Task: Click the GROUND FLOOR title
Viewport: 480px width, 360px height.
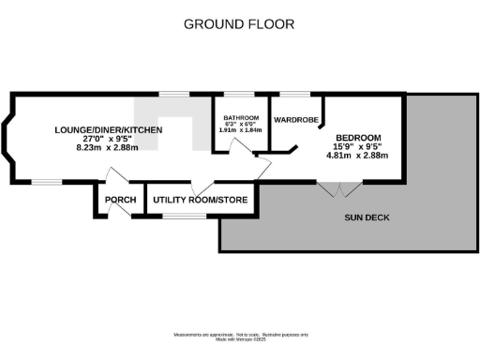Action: pyautogui.click(x=239, y=23)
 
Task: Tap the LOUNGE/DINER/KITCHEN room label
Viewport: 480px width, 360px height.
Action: pyautogui.click(x=109, y=129)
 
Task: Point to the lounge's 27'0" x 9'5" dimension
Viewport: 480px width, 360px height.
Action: pyautogui.click(x=109, y=139)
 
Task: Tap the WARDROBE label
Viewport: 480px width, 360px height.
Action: pyautogui.click(x=293, y=121)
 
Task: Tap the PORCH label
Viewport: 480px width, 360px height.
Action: pyautogui.click(x=121, y=201)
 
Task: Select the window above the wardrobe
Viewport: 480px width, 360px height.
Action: pyautogui.click(x=294, y=94)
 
